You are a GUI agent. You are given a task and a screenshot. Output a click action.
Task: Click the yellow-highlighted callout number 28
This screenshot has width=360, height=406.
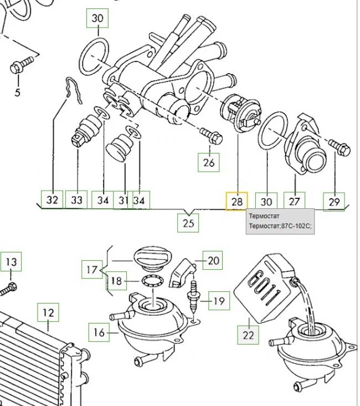pos(236,202)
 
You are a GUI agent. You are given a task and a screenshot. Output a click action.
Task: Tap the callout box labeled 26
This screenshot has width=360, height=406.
pos(208,162)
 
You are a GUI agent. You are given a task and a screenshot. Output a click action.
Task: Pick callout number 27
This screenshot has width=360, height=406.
pos(294,201)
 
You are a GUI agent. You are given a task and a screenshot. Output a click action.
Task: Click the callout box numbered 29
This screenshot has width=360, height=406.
pos(334,202)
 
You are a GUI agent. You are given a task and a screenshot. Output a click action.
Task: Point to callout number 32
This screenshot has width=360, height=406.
pos(52,200)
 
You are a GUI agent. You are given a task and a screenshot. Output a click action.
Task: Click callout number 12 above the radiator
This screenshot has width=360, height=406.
pos(48,313)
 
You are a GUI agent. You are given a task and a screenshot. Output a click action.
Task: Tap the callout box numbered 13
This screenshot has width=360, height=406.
pos(11,261)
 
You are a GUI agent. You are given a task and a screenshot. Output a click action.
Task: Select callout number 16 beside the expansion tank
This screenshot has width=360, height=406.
pos(99,332)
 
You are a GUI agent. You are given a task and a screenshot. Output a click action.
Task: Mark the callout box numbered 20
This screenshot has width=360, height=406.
pos(213,260)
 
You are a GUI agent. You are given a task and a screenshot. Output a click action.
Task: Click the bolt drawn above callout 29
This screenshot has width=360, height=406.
pos(340,147)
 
